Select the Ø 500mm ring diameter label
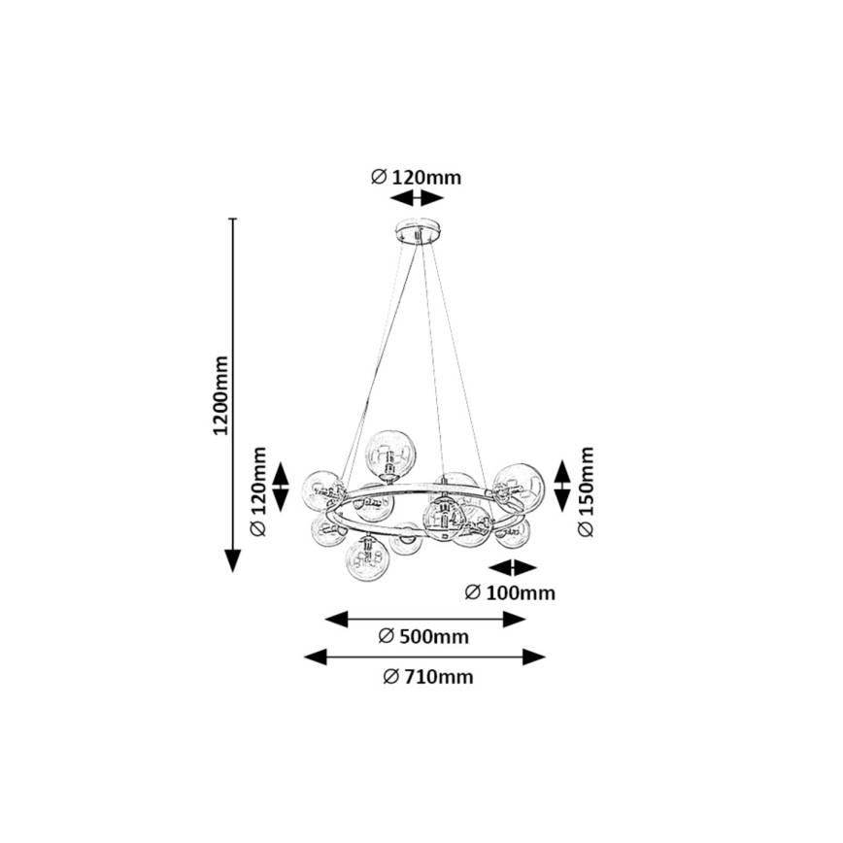pos(422,637)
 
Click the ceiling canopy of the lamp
pos(418,234)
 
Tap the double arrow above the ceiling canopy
pos(416,198)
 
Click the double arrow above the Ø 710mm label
pos(424,658)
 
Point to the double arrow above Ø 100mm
pos(512,568)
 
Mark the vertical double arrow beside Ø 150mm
pos(562,487)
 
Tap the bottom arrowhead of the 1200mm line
pos(233,560)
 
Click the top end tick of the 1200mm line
pos(233,219)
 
